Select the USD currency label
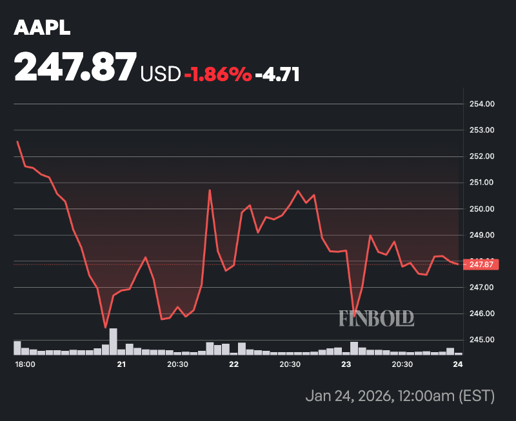(160, 75)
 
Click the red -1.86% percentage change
(217, 75)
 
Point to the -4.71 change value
(277, 75)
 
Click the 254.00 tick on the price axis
(481, 104)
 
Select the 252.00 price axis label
(481, 156)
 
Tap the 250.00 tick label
(481, 209)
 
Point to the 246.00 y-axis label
(481, 313)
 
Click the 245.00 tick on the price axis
(481, 340)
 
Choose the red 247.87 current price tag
(481, 264)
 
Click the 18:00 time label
(25, 364)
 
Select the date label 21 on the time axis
(121, 364)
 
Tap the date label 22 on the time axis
(233, 364)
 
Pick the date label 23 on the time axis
(346, 364)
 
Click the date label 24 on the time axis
(458, 364)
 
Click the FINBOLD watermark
(376, 318)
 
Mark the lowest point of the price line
(105, 328)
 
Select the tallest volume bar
(114, 342)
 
